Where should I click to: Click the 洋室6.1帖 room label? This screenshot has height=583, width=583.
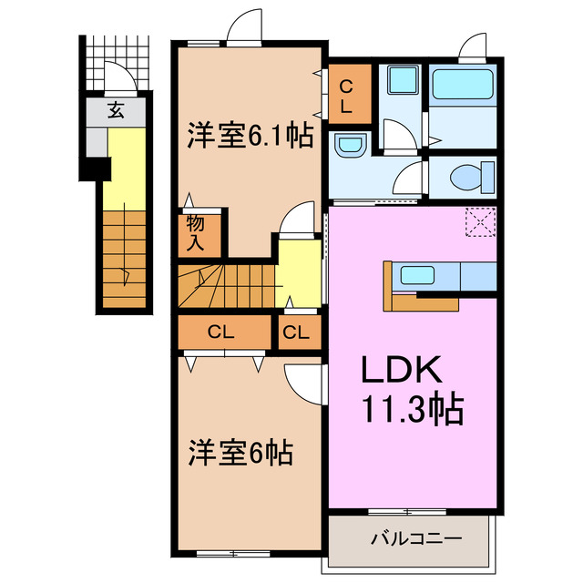[250, 137]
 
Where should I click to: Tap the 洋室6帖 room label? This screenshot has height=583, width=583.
[240, 452]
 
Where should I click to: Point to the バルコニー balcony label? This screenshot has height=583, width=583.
[415, 538]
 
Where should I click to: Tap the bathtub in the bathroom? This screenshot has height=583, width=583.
[463, 87]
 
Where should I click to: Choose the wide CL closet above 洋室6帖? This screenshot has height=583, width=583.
[221, 332]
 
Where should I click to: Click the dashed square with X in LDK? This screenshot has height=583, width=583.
[478, 222]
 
